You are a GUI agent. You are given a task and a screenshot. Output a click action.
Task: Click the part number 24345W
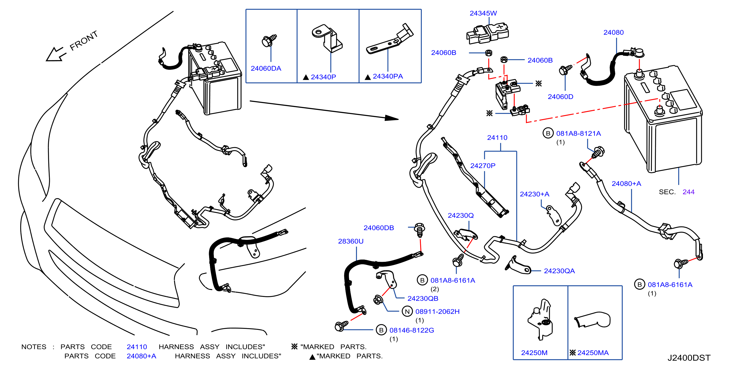pos(483,13)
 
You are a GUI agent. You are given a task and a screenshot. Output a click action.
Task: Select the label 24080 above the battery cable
pos(613,32)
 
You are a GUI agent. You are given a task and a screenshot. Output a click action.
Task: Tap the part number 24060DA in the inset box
pos(266,68)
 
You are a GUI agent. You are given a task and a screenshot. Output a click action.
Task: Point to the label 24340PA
pos(388,76)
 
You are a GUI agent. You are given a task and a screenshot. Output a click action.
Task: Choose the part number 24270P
pos(483,166)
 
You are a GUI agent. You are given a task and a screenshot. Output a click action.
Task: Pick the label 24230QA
pos(559,271)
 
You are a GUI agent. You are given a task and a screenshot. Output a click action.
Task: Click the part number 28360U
pos(350,241)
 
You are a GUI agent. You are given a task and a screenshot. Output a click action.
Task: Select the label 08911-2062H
pos(438,311)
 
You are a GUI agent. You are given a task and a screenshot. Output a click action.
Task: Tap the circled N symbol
pos(407,311)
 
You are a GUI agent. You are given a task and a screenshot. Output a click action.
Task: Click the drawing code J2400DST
pos(689,358)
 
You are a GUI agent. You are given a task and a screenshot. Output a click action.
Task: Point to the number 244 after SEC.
pos(688,192)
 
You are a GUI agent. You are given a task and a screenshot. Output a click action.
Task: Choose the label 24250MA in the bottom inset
pos(593,353)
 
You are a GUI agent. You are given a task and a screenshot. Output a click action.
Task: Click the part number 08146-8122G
pos(412,330)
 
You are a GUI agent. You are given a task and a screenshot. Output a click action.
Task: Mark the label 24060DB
pos(379,228)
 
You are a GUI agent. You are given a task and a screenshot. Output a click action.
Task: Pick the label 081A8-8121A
pos(578,133)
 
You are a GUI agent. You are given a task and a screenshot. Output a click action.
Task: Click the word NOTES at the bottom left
pos(34,347)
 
